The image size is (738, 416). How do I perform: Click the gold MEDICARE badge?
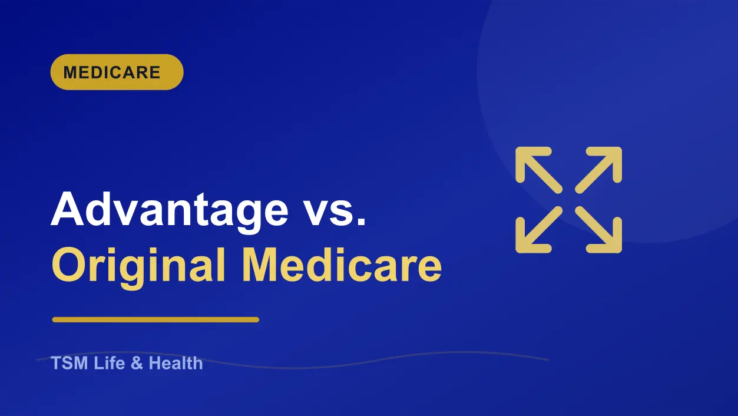click(x=117, y=72)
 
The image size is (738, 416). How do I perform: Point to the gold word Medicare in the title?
click(x=342, y=265)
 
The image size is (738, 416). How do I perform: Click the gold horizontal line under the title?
click(x=155, y=319)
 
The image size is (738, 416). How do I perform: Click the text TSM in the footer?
click(x=70, y=363)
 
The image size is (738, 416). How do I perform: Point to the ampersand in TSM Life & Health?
click(x=137, y=363)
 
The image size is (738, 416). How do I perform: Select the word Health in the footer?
click(x=176, y=363)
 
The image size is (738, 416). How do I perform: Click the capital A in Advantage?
click(x=67, y=209)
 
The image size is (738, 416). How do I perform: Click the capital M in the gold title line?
click(x=260, y=265)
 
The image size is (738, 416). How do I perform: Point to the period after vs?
click(x=362, y=222)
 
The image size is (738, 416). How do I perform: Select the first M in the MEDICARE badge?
click(x=71, y=72)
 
